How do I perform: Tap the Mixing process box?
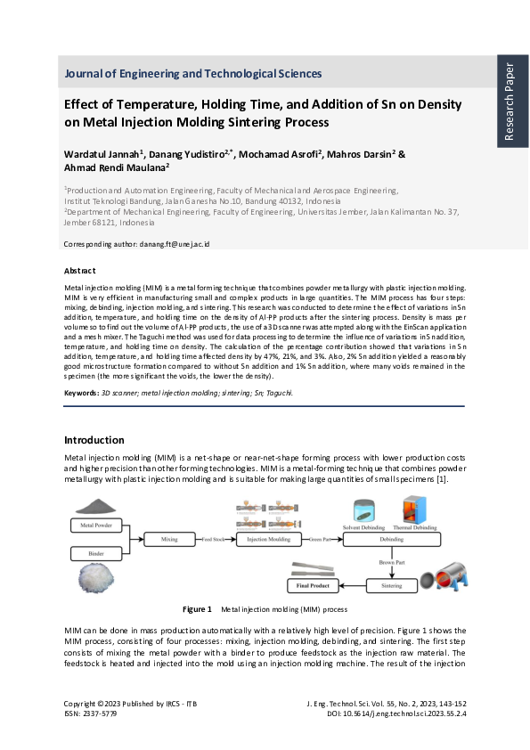[169, 540]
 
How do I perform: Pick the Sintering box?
[392, 585]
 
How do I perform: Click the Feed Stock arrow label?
[216, 540]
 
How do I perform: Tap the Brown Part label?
[392, 565]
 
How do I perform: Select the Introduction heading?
[94, 440]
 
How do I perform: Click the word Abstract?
[80, 270]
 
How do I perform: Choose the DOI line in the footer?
[410, 713]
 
